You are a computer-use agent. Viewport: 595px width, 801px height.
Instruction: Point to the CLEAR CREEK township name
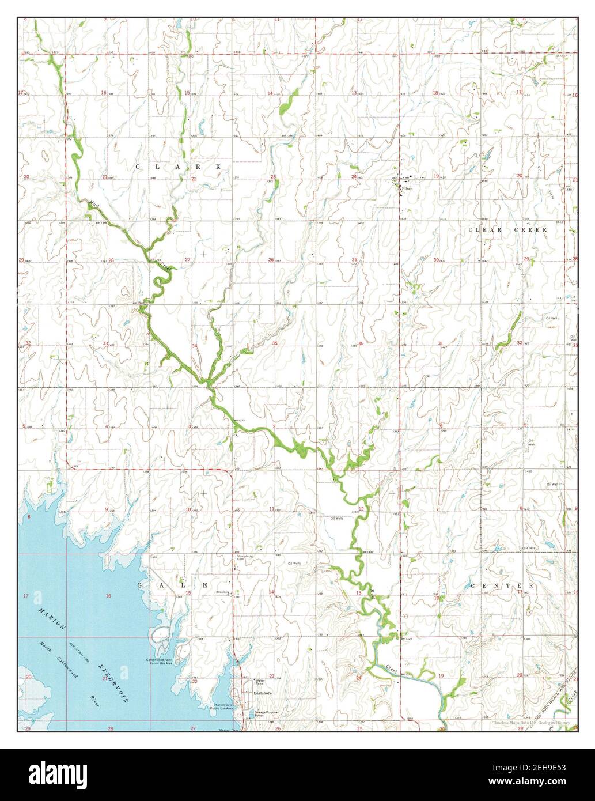click(x=507, y=229)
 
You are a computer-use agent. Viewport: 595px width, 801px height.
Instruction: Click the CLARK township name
click(x=178, y=167)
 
